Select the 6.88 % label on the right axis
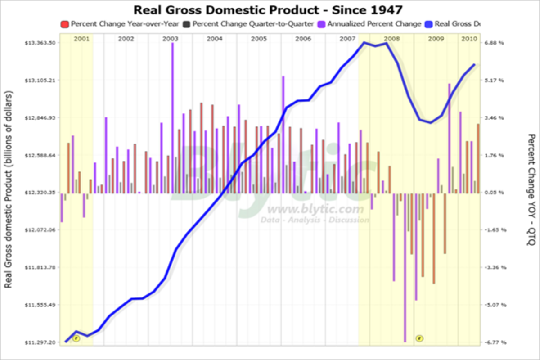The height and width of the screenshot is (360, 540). click(x=494, y=43)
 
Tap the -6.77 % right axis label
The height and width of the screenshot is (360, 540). click(x=494, y=342)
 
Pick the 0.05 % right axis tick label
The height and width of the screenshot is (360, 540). click(x=494, y=193)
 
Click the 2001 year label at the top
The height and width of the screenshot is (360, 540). click(x=81, y=39)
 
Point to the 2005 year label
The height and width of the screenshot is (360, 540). click(x=259, y=39)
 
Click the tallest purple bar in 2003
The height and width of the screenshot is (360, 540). click(x=172, y=117)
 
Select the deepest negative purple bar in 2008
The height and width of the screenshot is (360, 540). click(x=405, y=270)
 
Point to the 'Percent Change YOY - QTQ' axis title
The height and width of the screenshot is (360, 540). click(x=531, y=189)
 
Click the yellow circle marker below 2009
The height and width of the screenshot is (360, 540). click(x=419, y=337)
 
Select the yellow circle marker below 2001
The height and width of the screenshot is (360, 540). click(x=76, y=338)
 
